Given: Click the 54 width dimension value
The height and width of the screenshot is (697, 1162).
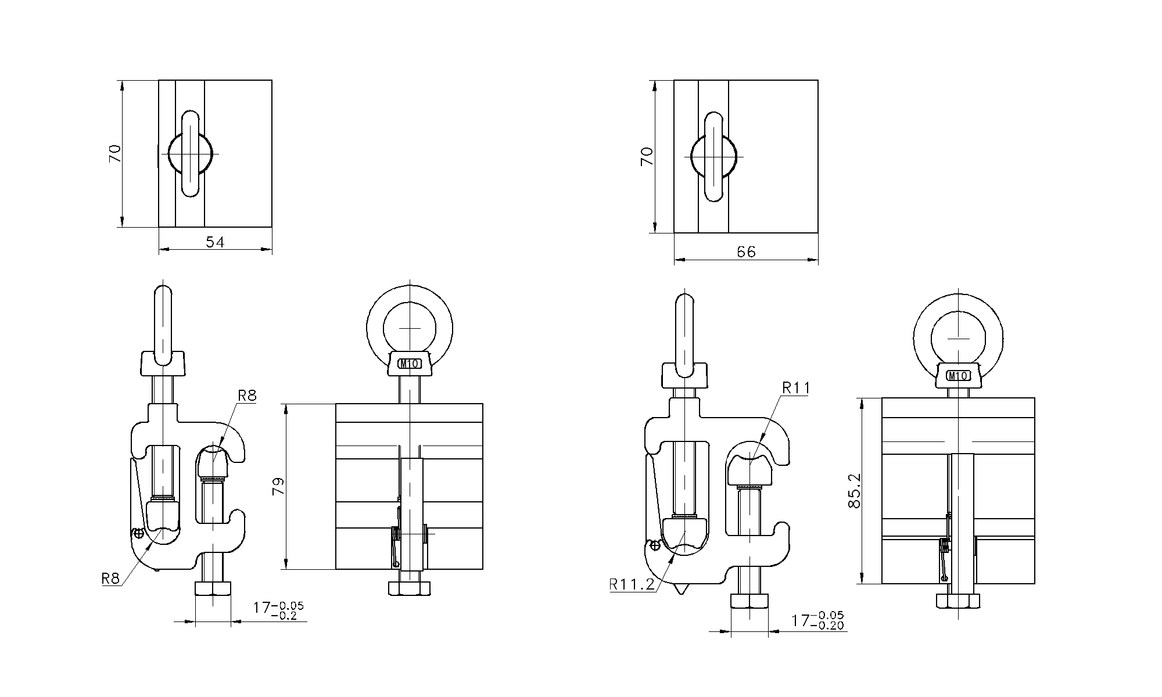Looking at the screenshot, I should point(215,242).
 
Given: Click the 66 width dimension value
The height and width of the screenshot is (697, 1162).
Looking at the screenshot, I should point(746,252).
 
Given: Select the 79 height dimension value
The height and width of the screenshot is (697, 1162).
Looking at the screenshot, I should point(278,486).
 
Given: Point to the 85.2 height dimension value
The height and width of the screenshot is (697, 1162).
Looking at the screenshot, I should point(854,490).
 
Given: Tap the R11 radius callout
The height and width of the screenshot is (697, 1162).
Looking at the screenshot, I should point(795,388).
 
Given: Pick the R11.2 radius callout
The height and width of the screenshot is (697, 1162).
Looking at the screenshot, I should point(632,584).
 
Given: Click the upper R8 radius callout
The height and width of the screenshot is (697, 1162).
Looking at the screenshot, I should point(247,396).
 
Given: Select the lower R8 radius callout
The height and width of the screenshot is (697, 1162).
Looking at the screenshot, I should point(110,579).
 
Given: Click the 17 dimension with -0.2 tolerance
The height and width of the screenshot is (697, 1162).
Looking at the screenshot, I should point(278,611).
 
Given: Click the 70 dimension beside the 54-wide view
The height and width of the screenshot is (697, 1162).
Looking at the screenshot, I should point(115,153).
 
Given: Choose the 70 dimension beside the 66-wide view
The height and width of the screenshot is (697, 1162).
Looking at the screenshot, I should point(647,156).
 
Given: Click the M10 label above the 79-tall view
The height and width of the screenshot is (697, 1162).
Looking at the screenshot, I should point(409,364).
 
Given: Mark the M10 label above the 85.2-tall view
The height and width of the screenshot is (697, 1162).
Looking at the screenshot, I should point(957,376).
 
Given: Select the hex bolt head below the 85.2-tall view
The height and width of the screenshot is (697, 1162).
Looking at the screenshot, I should point(957,601).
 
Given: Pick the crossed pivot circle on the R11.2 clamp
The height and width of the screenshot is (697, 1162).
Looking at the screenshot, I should point(655,545).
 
